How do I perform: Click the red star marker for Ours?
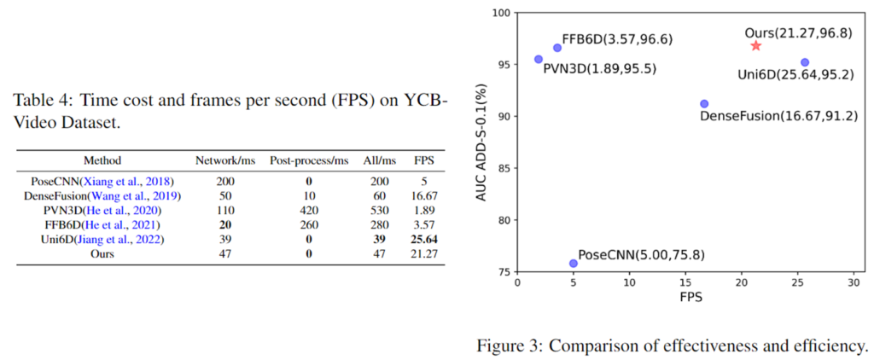[x=755, y=45]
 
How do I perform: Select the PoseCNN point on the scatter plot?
[x=574, y=263]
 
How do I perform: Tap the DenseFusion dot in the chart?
[x=704, y=103]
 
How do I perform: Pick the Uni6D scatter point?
[x=805, y=62]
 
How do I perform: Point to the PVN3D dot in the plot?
[x=539, y=59]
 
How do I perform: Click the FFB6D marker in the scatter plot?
[x=557, y=48]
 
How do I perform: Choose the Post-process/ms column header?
[x=310, y=160]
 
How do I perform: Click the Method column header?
[x=102, y=160]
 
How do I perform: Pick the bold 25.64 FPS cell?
[x=423, y=240]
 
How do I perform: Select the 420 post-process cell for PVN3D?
[x=310, y=211]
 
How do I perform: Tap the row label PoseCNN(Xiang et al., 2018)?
[x=102, y=181]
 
